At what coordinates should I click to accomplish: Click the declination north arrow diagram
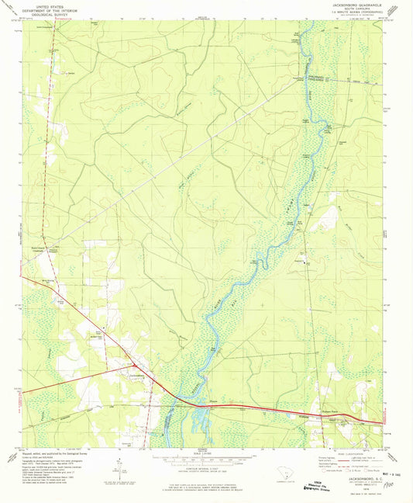tap(116, 468)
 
